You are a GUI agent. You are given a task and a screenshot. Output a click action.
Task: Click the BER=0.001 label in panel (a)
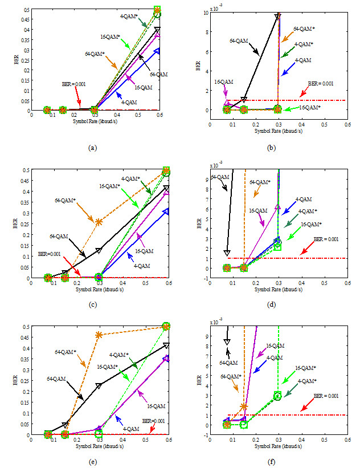tap(73, 84)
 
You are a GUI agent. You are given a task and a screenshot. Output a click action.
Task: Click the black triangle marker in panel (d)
tap(227, 253)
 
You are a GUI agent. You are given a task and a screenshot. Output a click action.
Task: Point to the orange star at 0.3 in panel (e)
tap(99, 335)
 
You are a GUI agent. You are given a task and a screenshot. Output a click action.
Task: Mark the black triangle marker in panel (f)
tap(227, 341)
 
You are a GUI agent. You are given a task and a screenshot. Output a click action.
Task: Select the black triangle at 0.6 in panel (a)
tap(157, 30)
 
